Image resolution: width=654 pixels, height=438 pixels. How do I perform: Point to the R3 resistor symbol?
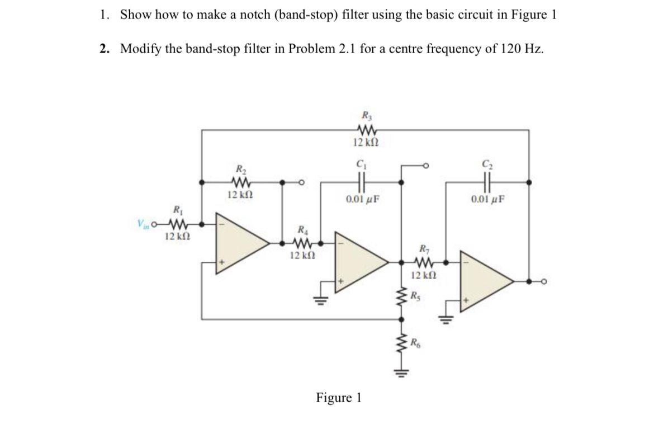click(366, 130)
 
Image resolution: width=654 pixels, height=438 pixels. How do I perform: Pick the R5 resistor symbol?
click(400, 296)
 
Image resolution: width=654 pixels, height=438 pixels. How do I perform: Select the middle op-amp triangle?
click(361, 261)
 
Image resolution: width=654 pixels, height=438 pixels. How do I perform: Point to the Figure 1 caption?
click(339, 398)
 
